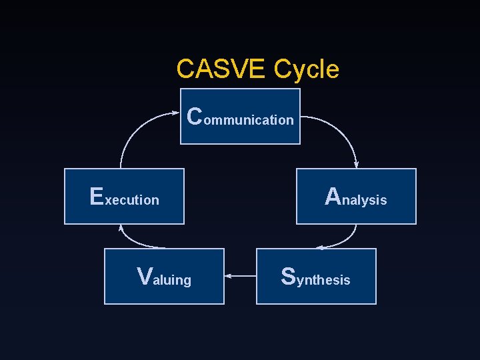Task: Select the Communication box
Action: [241, 117]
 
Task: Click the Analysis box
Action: [356, 196]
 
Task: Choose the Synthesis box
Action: [316, 276]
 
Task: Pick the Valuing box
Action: [164, 276]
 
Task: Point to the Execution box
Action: [124, 196]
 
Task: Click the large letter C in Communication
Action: [195, 116]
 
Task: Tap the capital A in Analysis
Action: [333, 196]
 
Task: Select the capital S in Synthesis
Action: [288, 275]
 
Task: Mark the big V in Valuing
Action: [144, 275]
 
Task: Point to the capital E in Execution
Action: [97, 196]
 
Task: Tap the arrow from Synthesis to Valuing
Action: [241, 275]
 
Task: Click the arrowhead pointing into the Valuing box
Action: [227, 275]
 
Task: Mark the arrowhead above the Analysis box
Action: [357, 165]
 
